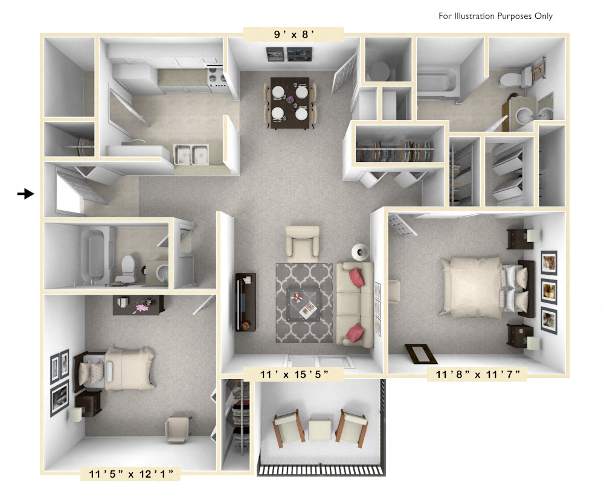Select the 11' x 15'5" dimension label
294,374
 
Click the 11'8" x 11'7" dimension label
478,374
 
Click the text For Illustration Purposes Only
495,16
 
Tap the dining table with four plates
290,102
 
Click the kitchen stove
216,79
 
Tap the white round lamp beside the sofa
360,251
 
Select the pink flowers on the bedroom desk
143,306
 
